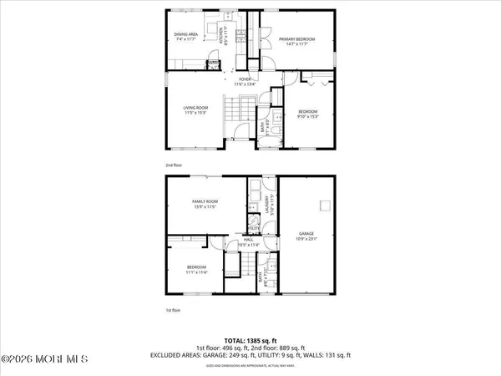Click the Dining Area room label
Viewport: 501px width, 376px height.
coord(185,35)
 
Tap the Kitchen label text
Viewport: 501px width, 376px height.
coord(223,35)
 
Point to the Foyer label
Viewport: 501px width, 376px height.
coord(245,81)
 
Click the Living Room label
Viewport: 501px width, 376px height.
coord(195,109)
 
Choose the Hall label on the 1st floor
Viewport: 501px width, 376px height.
coord(248,241)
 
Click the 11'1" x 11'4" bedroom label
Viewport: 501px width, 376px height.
coord(198,269)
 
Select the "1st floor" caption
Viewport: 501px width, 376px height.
coord(173,309)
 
